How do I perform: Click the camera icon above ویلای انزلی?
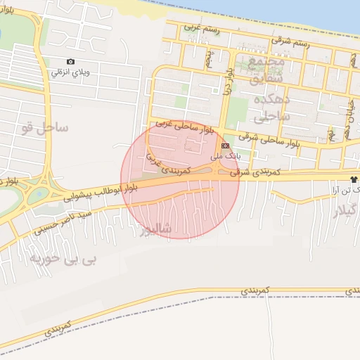[x=70, y=62]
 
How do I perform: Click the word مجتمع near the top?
[x=268, y=62]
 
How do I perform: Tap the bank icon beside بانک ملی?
[x=225, y=145]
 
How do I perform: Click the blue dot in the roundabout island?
[x=37, y=192]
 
